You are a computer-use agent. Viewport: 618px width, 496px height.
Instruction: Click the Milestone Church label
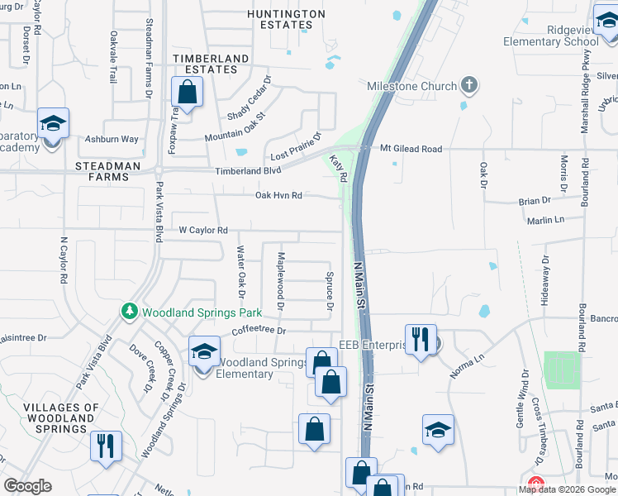[x=411, y=87]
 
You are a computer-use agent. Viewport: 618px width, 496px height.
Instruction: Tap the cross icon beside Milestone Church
[x=468, y=84]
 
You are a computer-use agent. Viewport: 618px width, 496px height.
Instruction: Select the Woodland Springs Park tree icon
[x=129, y=312]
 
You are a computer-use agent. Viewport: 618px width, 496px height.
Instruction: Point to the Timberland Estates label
[x=205, y=64]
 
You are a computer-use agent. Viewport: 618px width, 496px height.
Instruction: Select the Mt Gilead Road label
[x=411, y=149]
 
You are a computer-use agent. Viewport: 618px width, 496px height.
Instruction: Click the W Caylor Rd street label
[x=216, y=231]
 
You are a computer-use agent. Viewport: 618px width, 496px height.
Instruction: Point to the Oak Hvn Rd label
[x=278, y=196]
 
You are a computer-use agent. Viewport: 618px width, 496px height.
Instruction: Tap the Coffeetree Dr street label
[x=258, y=331]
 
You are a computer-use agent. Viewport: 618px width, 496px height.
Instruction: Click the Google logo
[x=27, y=486]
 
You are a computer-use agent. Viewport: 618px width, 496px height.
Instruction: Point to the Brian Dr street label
[x=535, y=201]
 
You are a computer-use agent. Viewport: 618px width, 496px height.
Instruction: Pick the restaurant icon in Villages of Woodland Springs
[x=106, y=446]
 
